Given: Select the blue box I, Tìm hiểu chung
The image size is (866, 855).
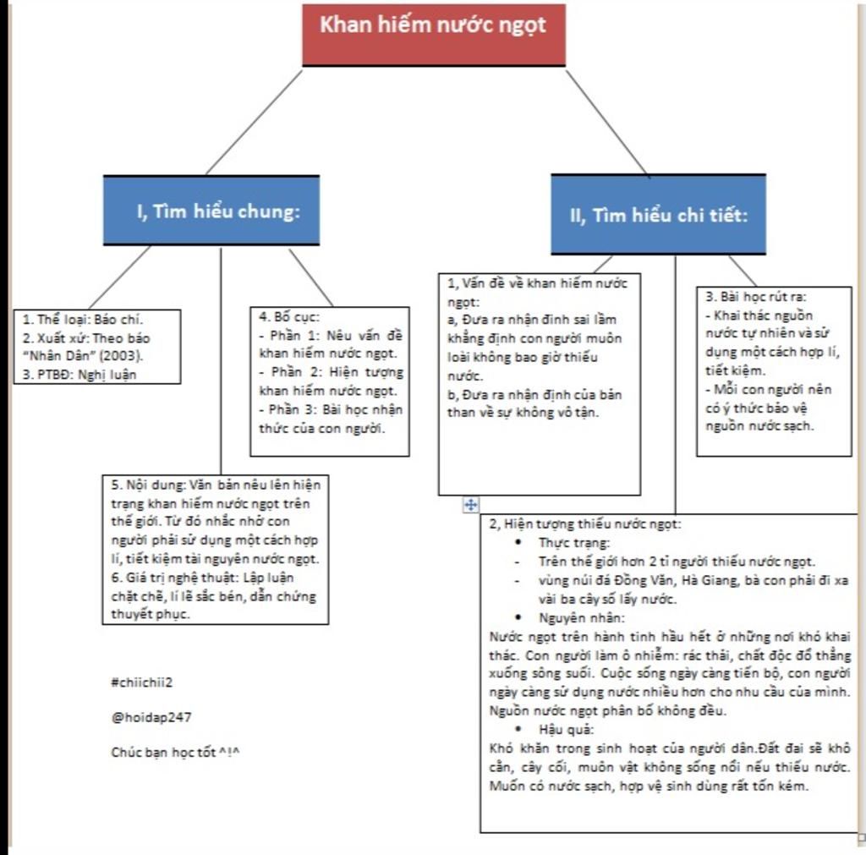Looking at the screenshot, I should coord(211,211).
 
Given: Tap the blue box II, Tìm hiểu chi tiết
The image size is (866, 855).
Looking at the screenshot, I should coord(658,215).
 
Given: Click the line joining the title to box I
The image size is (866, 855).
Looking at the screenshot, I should coord(254,122).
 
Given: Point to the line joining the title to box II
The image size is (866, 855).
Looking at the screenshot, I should coord(606,122).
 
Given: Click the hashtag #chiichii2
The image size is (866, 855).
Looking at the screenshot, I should coord(141,682).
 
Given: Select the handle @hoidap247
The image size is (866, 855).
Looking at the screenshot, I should coord(151,717).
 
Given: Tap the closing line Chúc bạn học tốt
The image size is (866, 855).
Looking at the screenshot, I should coord(175,752).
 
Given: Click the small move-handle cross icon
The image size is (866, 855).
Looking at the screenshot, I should coord(470,505).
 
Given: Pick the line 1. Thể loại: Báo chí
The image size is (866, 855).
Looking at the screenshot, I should coord(83,320).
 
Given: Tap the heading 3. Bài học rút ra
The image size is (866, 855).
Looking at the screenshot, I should coord(755,297).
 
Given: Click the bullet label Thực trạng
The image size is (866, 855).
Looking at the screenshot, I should coord(573,542).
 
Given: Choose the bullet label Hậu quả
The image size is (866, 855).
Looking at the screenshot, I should coord(566,729).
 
